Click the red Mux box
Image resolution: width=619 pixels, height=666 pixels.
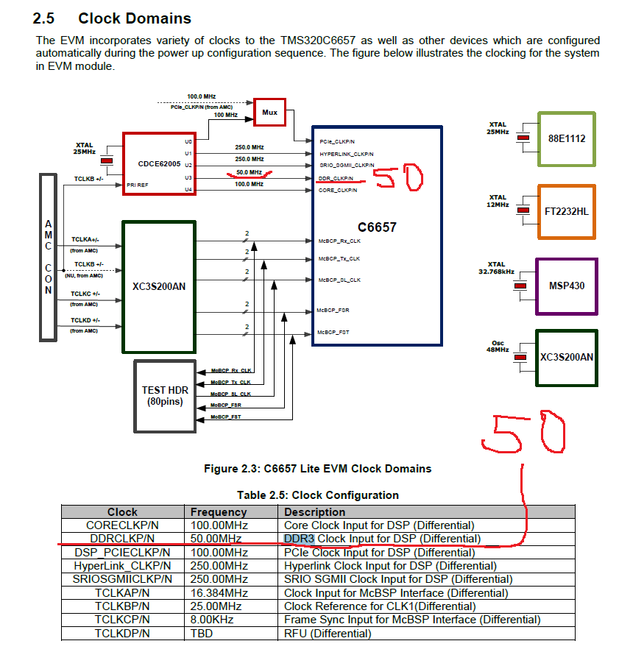[x=269, y=113]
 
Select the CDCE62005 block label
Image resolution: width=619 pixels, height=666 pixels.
[x=159, y=163]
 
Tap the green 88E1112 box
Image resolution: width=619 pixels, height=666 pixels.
[x=567, y=138]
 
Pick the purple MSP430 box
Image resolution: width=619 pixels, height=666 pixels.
[x=566, y=285]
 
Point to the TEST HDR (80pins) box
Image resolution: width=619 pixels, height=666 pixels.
[x=164, y=395]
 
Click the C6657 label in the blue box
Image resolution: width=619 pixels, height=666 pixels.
[x=376, y=227]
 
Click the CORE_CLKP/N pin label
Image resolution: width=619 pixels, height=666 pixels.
[x=338, y=190]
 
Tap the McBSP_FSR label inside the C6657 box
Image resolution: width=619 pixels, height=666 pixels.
[x=334, y=310]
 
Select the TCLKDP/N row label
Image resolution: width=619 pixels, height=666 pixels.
[x=122, y=633]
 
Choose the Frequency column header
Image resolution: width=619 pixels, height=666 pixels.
[x=219, y=511]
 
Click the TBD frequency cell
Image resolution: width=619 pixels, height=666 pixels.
[x=202, y=633]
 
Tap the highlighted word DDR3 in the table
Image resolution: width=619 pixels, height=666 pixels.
[x=299, y=539]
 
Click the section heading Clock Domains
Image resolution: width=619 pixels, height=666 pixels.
[x=135, y=18]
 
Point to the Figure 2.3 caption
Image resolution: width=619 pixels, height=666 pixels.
[x=317, y=468]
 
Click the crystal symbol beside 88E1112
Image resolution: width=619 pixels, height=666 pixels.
[x=523, y=138]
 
